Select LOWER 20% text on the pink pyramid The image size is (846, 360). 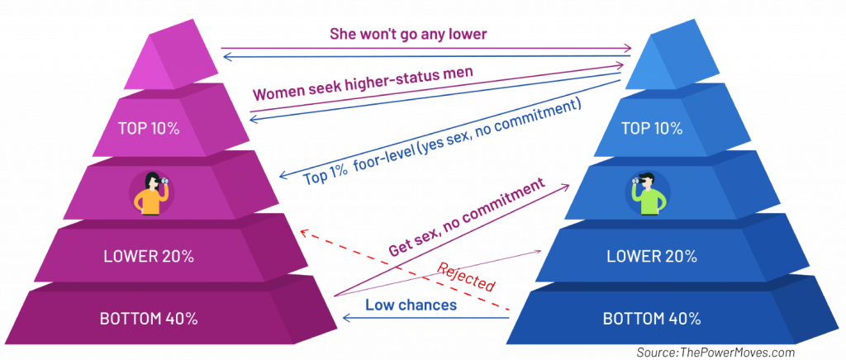coord(149,257)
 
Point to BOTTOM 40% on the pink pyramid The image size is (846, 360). coord(149,319)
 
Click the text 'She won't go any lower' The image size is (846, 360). coord(408,34)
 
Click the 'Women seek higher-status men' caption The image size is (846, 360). coord(359,84)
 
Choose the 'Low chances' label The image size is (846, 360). coord(411,305)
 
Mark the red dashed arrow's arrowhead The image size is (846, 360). coord(304,232)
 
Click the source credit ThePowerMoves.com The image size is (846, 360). coord(715,352)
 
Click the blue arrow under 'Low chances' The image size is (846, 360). coord(426,319)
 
